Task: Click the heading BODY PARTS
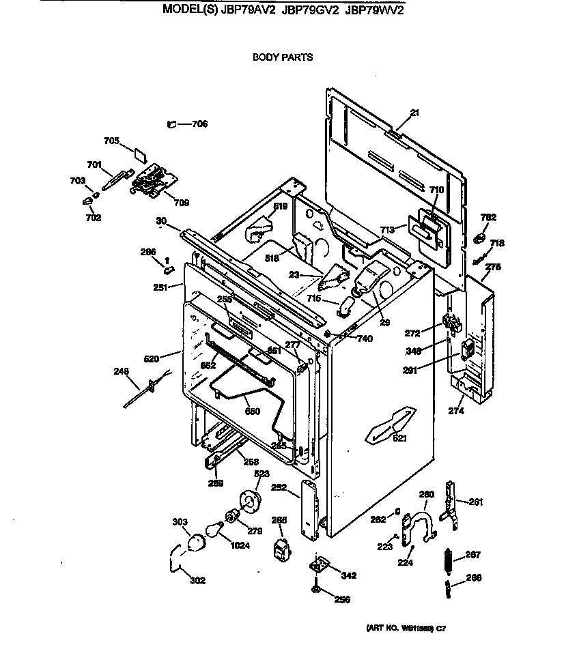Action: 283,57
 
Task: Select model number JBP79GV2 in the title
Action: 310,10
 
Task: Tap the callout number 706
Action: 199,124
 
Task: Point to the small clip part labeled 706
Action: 172,124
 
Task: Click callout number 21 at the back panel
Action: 414,113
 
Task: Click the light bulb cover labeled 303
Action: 197,541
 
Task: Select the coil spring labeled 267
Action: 447,564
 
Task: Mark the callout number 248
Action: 120,372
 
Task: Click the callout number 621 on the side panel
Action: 399,438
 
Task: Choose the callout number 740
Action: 365,339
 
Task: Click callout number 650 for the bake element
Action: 252,411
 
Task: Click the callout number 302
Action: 197,580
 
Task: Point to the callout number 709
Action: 181,203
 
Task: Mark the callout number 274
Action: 455,411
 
